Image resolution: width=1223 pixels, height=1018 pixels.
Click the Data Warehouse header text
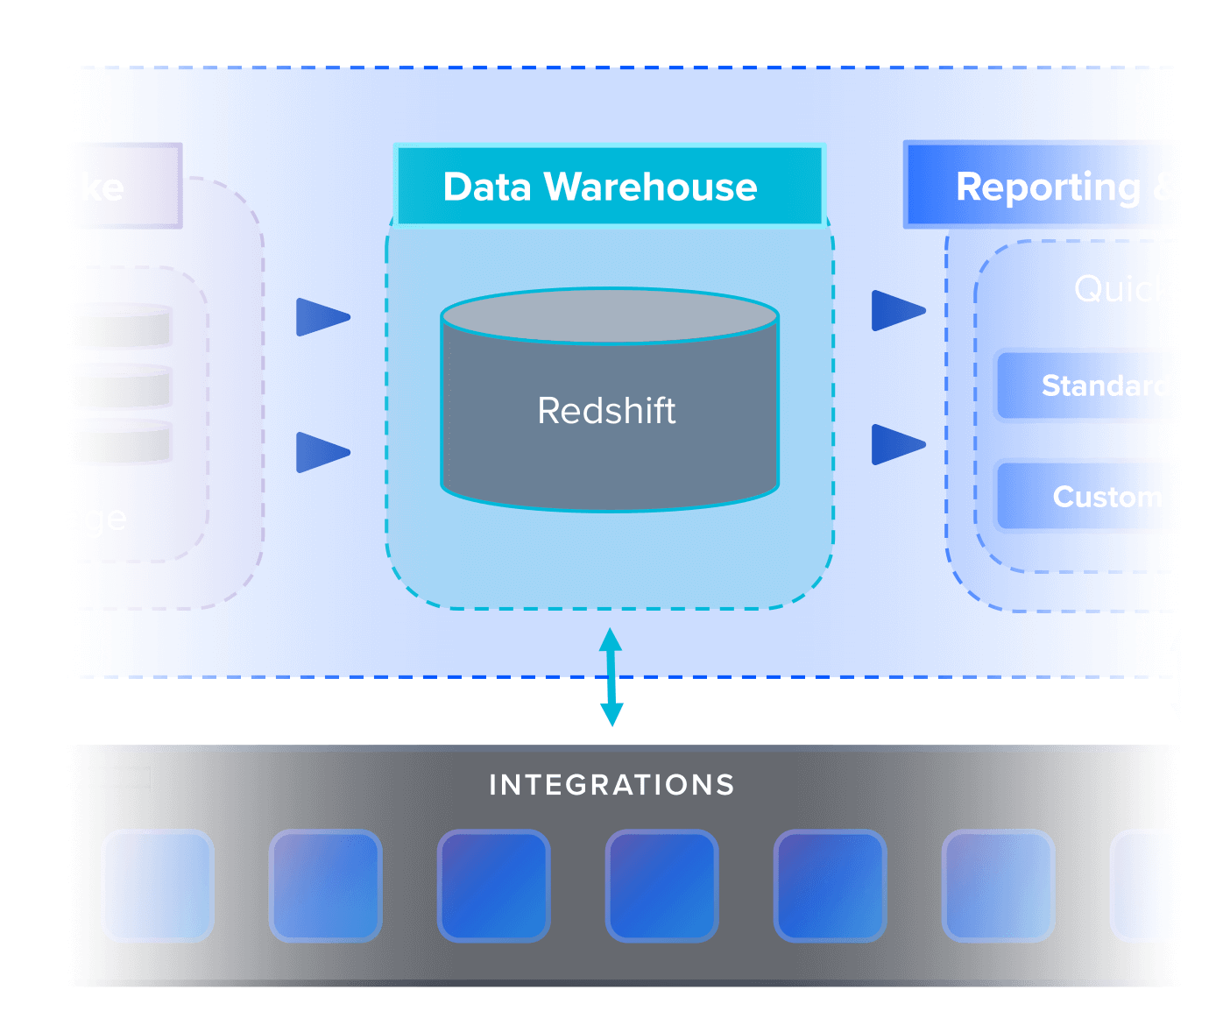click(600, 187)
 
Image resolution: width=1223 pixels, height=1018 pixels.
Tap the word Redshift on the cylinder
click(606, 411)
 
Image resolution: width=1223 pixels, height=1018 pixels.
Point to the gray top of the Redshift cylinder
click(610, 315)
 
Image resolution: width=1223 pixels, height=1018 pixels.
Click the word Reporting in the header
click(1048, 187)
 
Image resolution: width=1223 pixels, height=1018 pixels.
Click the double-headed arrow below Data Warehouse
click(611, 677)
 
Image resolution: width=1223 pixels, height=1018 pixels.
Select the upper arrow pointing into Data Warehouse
click(322, 317)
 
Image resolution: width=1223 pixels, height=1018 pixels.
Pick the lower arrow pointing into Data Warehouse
click(322, 452)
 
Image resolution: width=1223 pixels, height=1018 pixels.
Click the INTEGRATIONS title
click(611, 785)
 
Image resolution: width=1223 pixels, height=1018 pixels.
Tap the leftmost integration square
click(158, 886)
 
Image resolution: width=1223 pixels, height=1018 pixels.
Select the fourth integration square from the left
click(662, 886)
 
